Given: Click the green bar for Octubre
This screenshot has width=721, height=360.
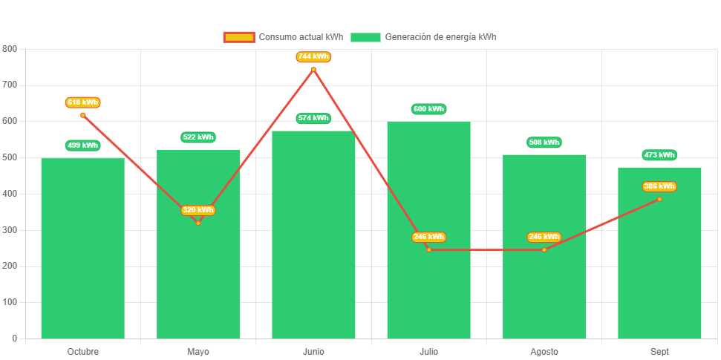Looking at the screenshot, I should point(82,249).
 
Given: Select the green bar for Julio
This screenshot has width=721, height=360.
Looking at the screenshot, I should point(428,230).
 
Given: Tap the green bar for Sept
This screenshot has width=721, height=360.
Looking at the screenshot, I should point(659,253).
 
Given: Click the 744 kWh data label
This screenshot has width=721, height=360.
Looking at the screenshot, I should point(313,57).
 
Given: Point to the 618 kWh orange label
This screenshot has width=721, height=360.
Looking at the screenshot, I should point(82,102).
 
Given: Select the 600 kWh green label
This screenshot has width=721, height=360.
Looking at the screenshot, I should point(428,109).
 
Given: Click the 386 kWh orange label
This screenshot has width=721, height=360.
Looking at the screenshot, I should point(659,186).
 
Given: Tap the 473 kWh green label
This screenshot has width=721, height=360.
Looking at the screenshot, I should point(659,155).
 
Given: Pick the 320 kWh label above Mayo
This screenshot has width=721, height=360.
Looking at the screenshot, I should point(198,210).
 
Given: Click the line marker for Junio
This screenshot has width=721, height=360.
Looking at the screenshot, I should point(313,70).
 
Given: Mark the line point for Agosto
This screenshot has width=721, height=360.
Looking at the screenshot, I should point(544,249).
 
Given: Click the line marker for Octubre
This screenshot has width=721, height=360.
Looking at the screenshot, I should point(82,115).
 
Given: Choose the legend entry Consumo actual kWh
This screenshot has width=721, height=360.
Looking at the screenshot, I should point(284,37).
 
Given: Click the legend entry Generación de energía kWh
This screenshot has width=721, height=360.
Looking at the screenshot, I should point(425,37).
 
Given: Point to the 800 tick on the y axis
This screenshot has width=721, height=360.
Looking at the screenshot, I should point(10,48).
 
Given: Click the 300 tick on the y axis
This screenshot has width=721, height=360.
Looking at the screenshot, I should point(10,230).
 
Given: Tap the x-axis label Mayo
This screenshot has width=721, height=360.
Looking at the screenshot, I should point(198,351).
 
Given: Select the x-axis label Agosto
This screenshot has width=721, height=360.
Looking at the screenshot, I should point(544,351).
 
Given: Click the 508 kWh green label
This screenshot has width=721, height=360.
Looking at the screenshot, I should point(544,143).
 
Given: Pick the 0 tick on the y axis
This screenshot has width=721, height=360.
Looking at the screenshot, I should point(15,338).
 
